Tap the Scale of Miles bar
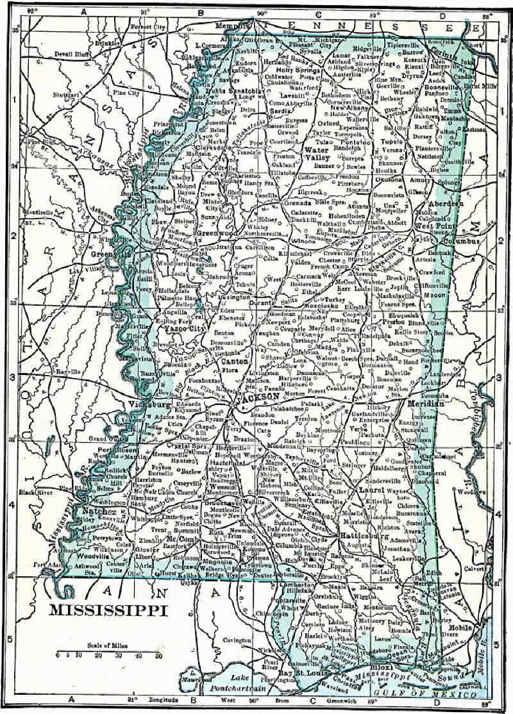coord(108,655)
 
